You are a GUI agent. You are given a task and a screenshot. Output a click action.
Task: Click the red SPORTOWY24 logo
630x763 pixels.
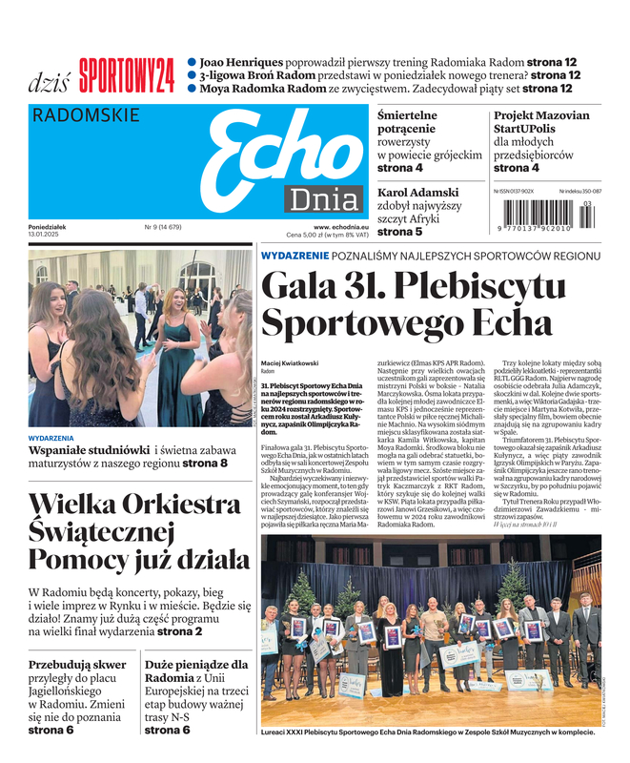pyautogui.click(x=127, y=74)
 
